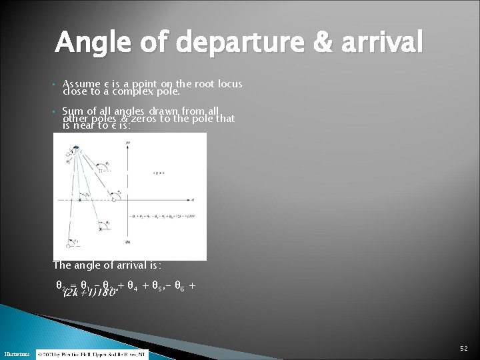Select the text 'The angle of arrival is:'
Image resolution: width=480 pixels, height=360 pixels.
[x=107, y=265]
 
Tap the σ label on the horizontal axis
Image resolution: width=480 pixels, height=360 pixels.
[x=193, y=199]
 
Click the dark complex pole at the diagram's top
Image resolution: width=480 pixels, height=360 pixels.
[x=77, y=147]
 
